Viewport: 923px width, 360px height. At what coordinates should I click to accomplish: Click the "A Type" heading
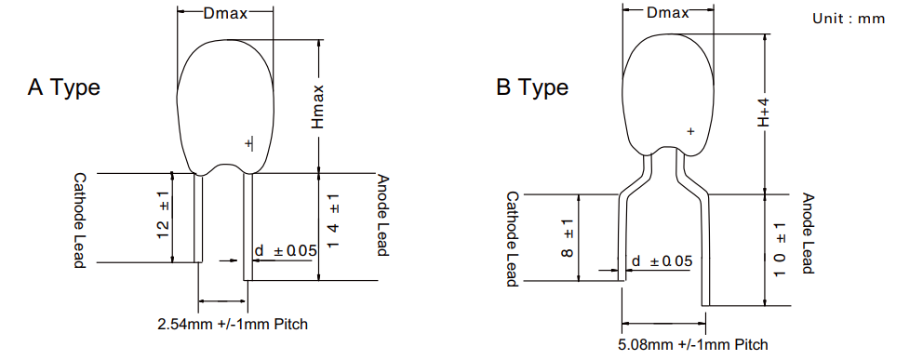[63, 87]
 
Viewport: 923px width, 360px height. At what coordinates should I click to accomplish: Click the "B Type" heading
[532, 87]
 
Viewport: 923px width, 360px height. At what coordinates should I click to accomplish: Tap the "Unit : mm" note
[849, 19]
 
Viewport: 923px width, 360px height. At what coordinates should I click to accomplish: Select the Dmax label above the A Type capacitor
[225, 14]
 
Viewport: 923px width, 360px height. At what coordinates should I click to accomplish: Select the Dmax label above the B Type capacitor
[667, 12]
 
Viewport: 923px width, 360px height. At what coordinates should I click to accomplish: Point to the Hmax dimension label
[318, 106]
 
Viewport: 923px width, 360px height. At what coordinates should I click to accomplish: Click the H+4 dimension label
[764, 113]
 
